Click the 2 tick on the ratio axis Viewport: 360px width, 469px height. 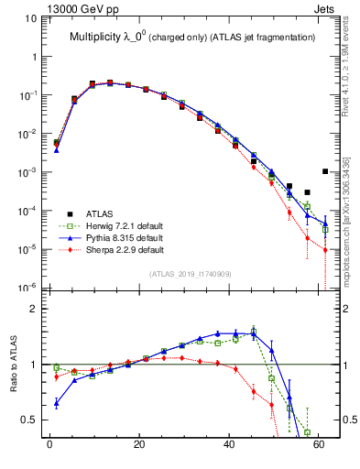36,310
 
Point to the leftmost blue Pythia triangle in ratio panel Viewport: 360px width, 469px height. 57,403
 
